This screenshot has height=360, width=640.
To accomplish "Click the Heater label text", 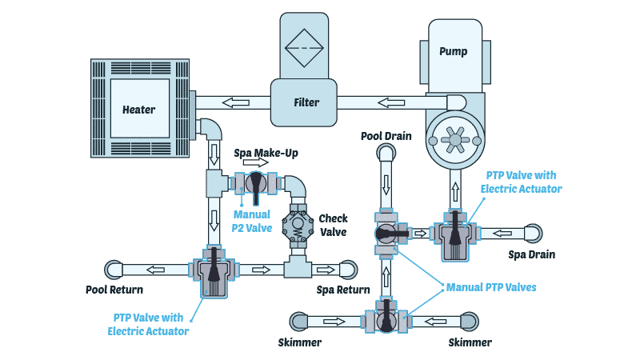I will pyautogui.click(x=138, y=110).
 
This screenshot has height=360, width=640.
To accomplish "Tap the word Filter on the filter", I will pyautogui.click(x=306, y=102).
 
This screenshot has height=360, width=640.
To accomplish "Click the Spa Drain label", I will pyautogui.click(x=532, y=255).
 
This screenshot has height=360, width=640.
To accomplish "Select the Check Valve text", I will pyautogui.click(x=333, y=224).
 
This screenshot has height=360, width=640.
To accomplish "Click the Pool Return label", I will pyautogui.click(x=111, y=289).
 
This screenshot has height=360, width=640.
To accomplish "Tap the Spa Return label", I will pyautogui.click(x=342, y=289).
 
